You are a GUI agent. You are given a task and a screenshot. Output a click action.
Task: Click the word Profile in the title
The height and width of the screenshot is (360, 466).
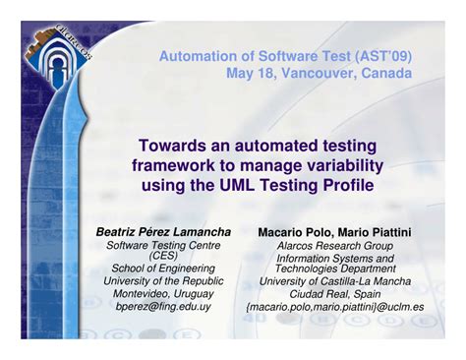(x=345, y=183)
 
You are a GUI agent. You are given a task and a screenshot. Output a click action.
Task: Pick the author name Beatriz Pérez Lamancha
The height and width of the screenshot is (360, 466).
(x=163, y=232)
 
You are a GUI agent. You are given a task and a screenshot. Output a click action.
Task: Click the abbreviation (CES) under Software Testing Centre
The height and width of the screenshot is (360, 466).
(x=163, y=256)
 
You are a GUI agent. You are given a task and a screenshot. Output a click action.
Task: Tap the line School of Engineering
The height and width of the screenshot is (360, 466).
(x=163, y=268)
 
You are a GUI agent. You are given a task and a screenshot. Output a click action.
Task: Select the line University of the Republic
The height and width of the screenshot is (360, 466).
(x=163, y=280)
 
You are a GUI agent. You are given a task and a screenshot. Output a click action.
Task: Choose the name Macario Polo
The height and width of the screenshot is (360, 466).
(x=291, y=233)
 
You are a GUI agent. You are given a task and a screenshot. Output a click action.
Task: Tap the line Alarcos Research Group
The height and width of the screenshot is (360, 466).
(x=334, y=246)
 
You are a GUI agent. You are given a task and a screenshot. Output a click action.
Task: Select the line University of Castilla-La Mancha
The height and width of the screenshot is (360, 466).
(x=334, y=280)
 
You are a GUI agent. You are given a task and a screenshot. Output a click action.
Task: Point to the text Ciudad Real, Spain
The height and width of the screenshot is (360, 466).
(x=334, y=292)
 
